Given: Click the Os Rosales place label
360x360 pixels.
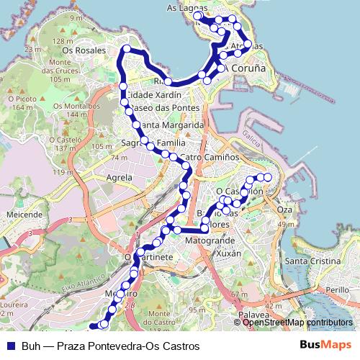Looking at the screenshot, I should click(79, 50).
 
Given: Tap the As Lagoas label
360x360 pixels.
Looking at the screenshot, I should click(181, 8).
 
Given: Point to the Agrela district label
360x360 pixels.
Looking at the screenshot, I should click(119, 176).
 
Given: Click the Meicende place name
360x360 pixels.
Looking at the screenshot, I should click(24, 215).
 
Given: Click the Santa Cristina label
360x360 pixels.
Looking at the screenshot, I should click(312, 260).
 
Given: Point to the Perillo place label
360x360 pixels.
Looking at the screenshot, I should click(336, 289).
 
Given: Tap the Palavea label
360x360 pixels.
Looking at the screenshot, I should click(253, 315).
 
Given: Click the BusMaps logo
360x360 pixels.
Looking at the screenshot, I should click(326, 346).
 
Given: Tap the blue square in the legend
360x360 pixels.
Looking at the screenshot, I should click(11, 346).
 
